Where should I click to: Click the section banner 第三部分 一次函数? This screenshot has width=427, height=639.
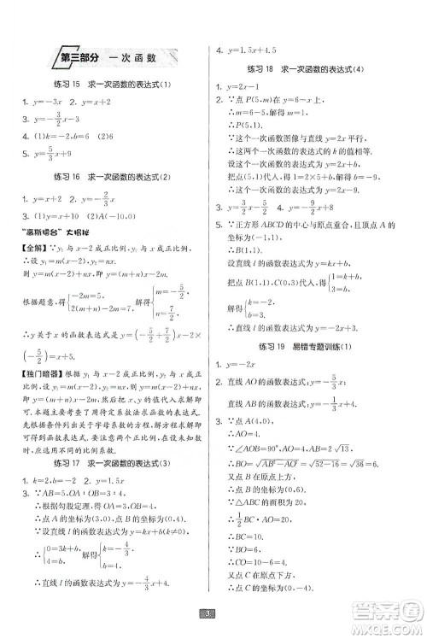click(109, 58)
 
